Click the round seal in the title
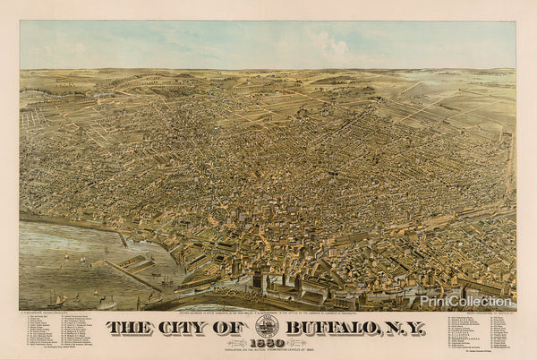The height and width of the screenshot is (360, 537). coord(267,324)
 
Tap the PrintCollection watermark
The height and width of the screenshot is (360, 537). coord(478,302)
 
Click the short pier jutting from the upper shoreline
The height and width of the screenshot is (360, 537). coord(122,238)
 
